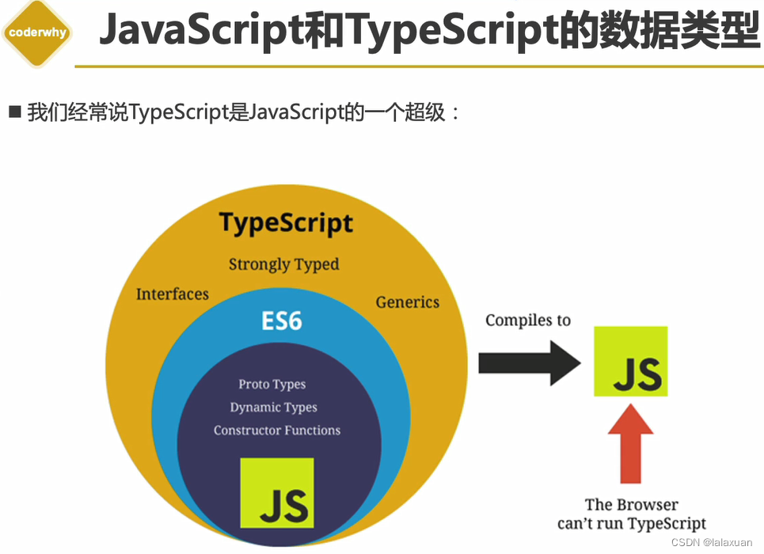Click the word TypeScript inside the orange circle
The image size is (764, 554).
(x=286, y=223)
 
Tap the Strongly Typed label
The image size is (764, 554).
(x=283, y=264)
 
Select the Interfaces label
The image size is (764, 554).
(x=173, y=294)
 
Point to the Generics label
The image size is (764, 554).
(x=407, y=302)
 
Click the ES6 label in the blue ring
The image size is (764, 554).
(x=282, y=321)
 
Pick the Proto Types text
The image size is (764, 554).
(x=272, y=385)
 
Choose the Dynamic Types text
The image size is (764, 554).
(x=273, y=408)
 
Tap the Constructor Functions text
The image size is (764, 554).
(x=277, y=431)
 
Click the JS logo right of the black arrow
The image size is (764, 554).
(x=630, y=362)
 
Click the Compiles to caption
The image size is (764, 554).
(x=528, y=321)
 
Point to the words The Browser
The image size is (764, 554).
(x=631, y=505)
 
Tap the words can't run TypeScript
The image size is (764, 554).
(x=631, y=524)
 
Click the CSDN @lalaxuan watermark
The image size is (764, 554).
(x=711, y=543)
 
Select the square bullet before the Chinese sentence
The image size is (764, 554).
(x=14, y=112)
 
